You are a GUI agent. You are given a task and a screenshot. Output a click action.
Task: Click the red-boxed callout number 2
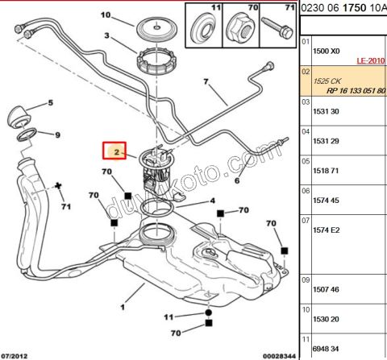pyautogui.click(x=116, y=151)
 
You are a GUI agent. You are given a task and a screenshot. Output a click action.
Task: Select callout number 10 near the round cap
pyautogui.click(x=106, y=15)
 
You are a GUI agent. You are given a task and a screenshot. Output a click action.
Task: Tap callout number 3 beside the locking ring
pyautogui.click(x=106, y=36)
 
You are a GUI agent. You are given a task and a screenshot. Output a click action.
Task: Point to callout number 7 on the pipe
pyautogui.click(x=206, y=81)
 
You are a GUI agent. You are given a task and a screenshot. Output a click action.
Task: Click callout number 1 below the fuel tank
pyautogui.click(x=123, y=306)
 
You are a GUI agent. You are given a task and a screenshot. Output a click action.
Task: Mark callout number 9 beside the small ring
pyautogui.click(x=58, y=134)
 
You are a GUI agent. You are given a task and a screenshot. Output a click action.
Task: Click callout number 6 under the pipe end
pyautogui.click(x=237, y=181)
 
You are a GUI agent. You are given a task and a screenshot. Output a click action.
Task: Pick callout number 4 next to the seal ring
pyautogui.click(x=212, y=201)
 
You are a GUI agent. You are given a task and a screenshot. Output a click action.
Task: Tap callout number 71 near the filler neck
pyautogui.click(x=67, y=207)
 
